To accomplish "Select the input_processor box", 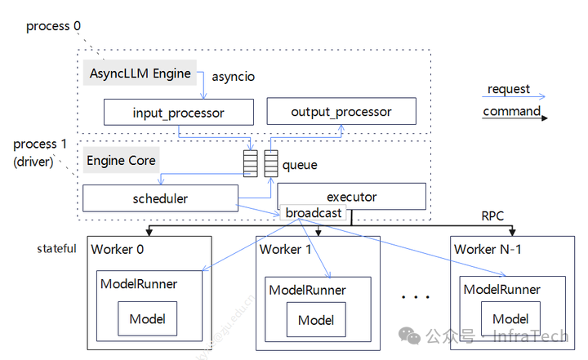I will point(178,112).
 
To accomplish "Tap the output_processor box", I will point(341,112).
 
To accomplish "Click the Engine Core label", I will point(121,160).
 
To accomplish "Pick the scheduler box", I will point(160,198).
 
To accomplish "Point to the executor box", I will point(351,196).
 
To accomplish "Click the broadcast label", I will point(314,213).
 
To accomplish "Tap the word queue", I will point(300,165).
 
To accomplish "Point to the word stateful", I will point(57,248).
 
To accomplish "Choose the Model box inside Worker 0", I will point(148,318).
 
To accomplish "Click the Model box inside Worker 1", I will point(316,320).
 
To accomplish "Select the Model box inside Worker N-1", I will point(510,318).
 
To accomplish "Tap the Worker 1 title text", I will point(286,249).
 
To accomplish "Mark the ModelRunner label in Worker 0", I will point(139,284).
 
